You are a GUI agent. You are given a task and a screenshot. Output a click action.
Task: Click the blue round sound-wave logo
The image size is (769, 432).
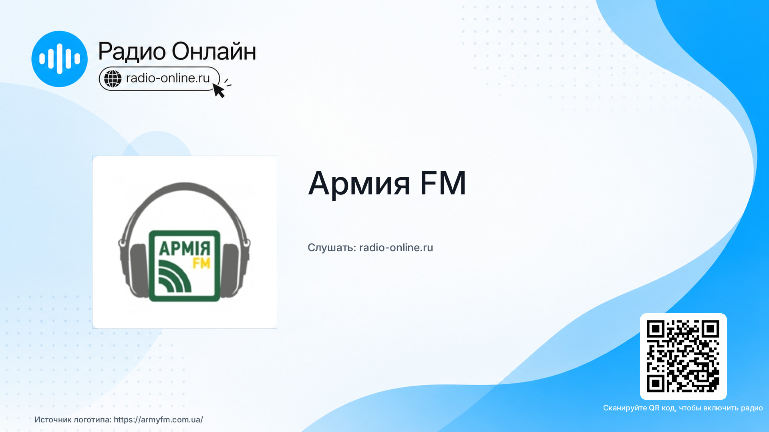(59, 59)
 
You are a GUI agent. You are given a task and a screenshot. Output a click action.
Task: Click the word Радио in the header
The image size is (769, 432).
(132, 52)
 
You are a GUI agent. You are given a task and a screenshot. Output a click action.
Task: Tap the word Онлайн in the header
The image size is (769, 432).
(214, 51)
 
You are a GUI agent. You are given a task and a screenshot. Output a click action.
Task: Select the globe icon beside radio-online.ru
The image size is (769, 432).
(113, 78)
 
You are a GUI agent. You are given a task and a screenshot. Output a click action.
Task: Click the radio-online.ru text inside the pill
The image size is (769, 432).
(168, 78)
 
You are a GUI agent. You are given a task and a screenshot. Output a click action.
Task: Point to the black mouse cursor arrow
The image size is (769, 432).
(219, 90)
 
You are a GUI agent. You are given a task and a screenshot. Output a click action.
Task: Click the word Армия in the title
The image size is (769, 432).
(359, 184)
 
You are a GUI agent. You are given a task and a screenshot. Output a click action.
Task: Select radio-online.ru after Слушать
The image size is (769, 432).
(396, 248)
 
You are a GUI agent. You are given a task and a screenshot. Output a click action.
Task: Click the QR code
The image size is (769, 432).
(683, 356)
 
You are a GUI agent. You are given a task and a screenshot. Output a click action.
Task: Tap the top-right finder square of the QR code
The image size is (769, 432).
(711, 329)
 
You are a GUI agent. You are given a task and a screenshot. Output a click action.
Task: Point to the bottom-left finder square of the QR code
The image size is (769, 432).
(656, 384)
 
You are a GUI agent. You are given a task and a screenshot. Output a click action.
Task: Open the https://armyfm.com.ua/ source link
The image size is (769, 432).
(158, 420)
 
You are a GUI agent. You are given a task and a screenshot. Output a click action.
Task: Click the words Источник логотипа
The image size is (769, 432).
(73, 420)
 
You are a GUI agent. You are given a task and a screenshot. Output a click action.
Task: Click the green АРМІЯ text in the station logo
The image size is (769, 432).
(185, 248)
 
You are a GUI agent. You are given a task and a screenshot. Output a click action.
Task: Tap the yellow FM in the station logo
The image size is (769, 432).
(201, 263)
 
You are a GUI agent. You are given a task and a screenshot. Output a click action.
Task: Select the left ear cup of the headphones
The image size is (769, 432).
(138, 270)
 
